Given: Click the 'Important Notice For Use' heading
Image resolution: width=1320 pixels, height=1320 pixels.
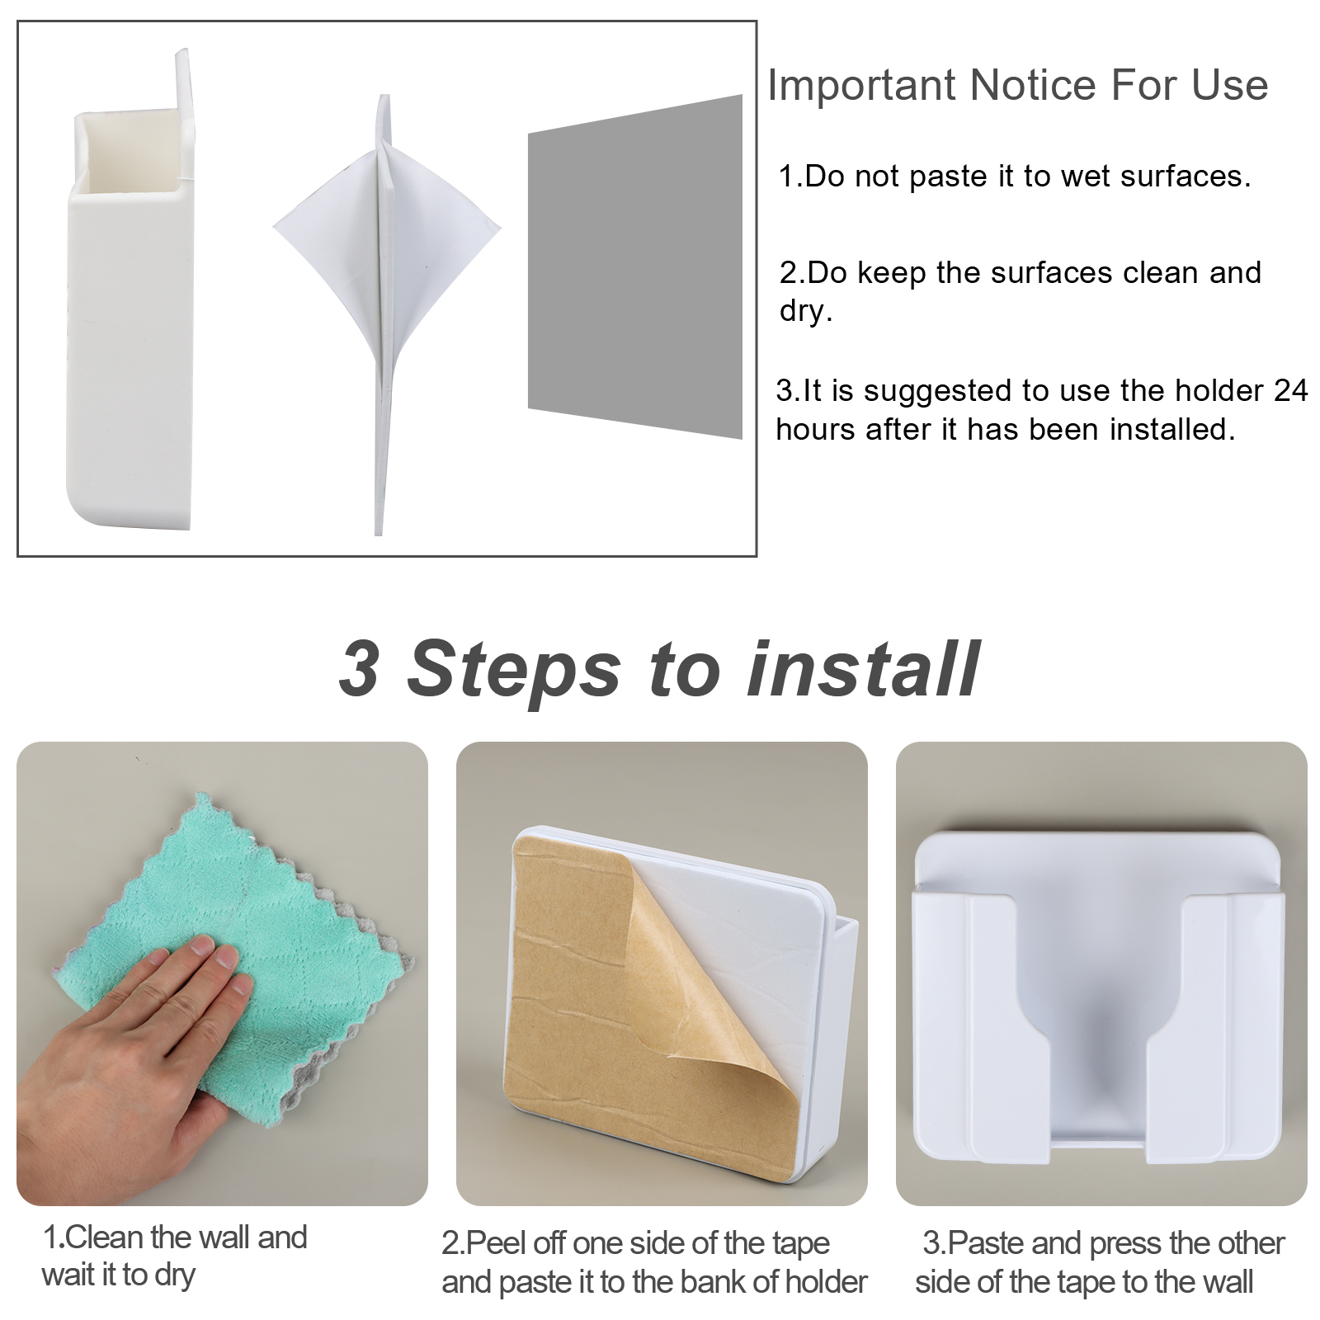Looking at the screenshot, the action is pos(1018,86).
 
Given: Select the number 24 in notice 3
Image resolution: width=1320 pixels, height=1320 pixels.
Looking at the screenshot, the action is pos(1290,390).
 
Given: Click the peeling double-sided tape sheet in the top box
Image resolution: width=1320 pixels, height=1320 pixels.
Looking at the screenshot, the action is pos(386,313).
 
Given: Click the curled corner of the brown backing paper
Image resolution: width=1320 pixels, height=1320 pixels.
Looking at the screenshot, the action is pos(726,1039).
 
